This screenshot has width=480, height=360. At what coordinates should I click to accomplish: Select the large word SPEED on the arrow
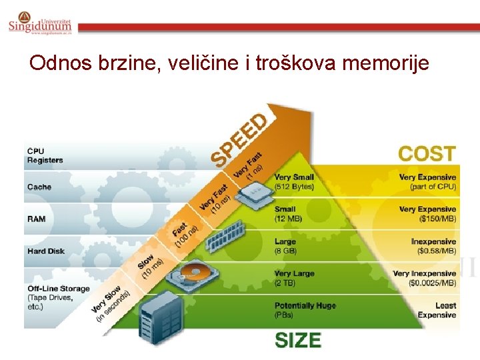tap(241, 140)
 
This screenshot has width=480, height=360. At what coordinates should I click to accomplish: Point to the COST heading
tap(427, 153)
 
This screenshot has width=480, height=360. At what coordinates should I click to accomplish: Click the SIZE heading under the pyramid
tap(298, 340)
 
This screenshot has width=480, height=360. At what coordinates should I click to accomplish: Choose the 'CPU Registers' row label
tap(45, 155)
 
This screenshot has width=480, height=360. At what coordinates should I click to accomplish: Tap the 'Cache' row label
tap(39, 187)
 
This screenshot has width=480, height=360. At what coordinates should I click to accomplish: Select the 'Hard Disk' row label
tap(46, 251)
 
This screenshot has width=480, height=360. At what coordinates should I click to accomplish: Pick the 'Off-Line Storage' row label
tap(58, 289)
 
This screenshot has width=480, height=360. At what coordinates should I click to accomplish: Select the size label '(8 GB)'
tap(285, 251)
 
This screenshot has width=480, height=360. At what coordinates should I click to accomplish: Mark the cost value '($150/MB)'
tap(437, 219)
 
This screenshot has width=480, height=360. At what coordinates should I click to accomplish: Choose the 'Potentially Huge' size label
tap(305, 305)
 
